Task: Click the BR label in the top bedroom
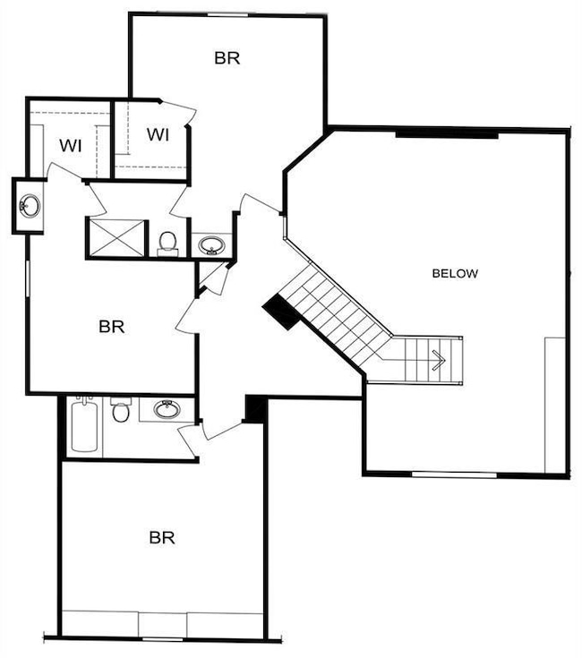tap(227, 58)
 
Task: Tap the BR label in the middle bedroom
tap(111, 327)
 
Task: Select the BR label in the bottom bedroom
tap(161, 538)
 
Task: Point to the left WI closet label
tap(71, 145)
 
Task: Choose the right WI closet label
tap(158, 135)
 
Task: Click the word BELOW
tap(455, 273)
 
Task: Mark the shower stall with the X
tap(115, 236)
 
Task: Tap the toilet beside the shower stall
tap(167, 242)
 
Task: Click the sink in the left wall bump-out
tap(30, 206)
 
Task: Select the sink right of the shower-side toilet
tap(211, 244)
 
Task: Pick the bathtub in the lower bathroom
tap(81, 426)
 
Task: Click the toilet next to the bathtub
tap(121, 412)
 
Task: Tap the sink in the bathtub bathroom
tap(167, 410)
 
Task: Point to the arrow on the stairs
tap(438, 360)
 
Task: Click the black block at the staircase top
tap(281, 312)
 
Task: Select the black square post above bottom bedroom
tap(255, 409)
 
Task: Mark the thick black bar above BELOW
tap(446, 134)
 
